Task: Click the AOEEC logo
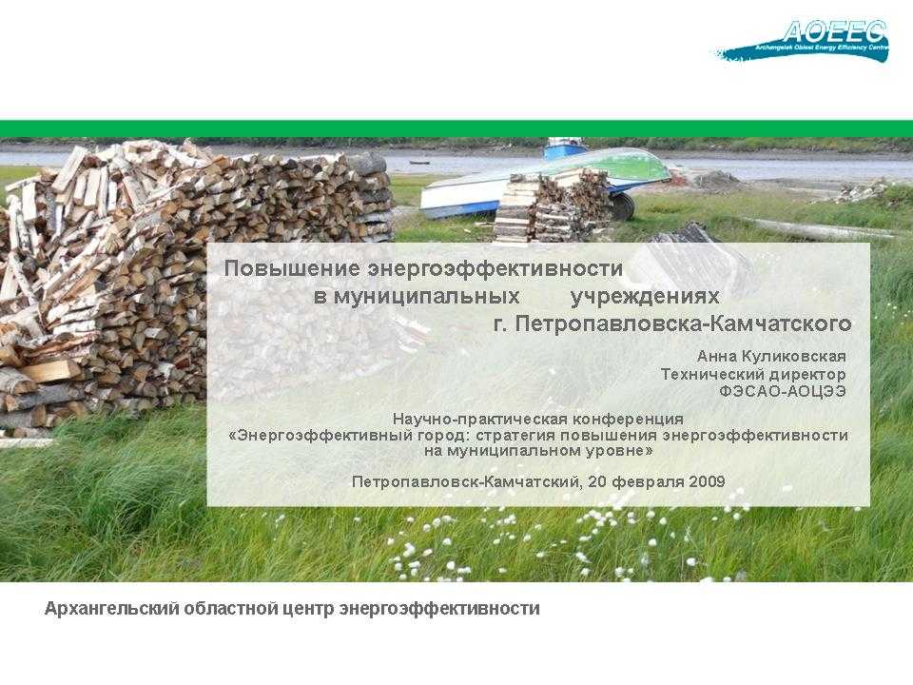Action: pos(802,41)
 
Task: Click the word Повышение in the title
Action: pos(292,268)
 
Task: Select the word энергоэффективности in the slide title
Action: pos(495,268)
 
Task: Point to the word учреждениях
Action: pos(645,297)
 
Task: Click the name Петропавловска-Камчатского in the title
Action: pos(684,323)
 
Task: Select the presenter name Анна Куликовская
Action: pos(771,356)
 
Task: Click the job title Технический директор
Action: pos(753,374)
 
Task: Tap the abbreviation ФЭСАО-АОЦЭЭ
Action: pos(783,391)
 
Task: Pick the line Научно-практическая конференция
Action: pos(538,419)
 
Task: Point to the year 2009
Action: pos(707,481)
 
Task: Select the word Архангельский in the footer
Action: pos(112,609)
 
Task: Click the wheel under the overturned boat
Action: pos(622,205)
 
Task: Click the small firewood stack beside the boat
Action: pos(551,205)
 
